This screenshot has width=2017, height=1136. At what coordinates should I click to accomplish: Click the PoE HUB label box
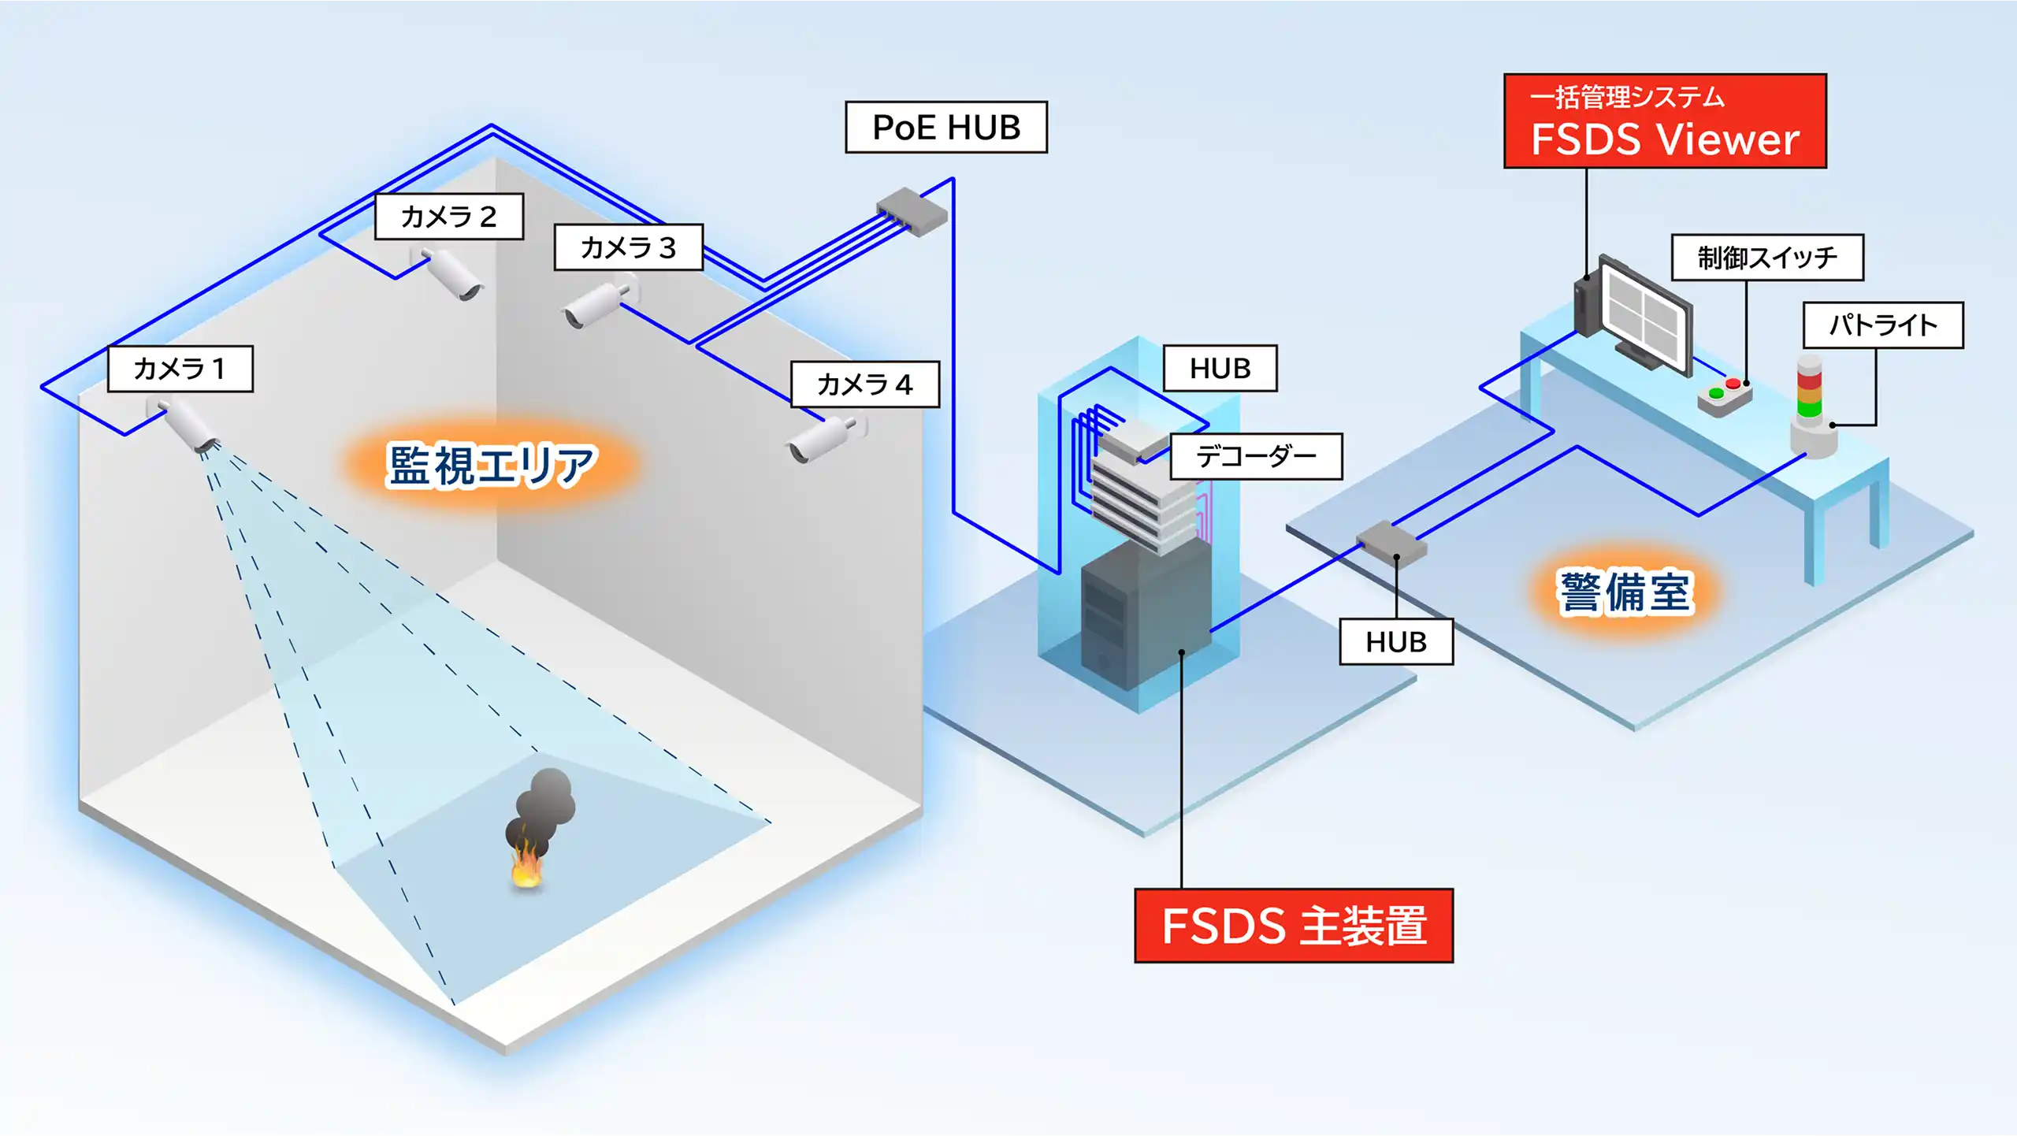click(945, 127)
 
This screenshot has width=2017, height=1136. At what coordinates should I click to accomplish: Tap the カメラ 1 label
click(180, 368)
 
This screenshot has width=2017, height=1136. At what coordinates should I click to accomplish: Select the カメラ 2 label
click(448, 216)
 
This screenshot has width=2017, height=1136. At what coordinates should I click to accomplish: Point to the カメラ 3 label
click(628, 247)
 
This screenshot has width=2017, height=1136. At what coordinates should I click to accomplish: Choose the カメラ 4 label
click(864, 384)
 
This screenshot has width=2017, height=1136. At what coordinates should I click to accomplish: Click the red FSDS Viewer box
click(1664, 121)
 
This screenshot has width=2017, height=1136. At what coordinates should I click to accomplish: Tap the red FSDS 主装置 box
click(1293, 925)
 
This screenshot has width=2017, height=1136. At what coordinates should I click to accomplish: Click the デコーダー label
click(1256, 456)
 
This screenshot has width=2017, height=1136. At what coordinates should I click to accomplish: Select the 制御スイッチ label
click(1766, 258)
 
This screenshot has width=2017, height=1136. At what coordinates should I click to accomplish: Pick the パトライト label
click(1882, 325)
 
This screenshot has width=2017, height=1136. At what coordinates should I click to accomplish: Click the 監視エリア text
click(492, 465)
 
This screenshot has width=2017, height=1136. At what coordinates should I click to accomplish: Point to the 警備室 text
click(1625, 592)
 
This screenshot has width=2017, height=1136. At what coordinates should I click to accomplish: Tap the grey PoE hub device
click(912, 211)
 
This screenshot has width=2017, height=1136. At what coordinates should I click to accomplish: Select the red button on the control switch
click(1733, 384)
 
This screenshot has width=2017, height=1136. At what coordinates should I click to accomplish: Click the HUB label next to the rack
click(1220, 368)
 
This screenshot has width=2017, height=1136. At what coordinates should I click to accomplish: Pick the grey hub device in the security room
click(1391, 541)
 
